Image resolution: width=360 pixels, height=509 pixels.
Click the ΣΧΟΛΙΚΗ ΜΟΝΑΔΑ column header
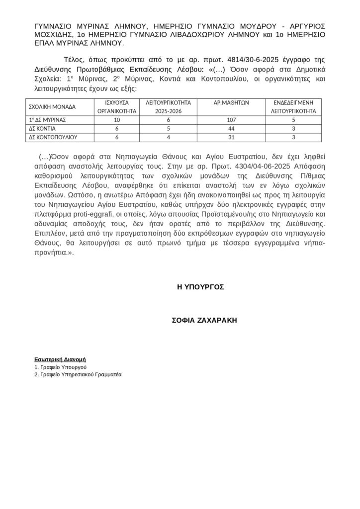[52, 107]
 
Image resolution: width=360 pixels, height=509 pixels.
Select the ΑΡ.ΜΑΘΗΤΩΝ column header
[231, 102]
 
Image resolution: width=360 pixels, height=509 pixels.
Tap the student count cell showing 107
[231, 120]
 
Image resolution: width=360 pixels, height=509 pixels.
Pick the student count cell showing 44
[231, 128]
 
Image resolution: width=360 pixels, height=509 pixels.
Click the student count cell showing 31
[231, 137]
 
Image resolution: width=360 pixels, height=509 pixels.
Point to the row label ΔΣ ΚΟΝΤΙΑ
[41, 128]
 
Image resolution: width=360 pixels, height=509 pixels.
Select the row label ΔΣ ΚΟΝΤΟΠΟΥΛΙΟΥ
[52, 137]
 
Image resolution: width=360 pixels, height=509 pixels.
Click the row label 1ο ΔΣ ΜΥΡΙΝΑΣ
[47, 120]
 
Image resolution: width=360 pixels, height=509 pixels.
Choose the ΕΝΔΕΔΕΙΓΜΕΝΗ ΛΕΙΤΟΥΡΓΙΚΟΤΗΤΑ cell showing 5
[293, 120]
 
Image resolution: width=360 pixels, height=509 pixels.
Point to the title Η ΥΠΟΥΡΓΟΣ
[200, 287]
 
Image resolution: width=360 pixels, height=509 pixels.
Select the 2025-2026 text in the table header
[169, 111]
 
